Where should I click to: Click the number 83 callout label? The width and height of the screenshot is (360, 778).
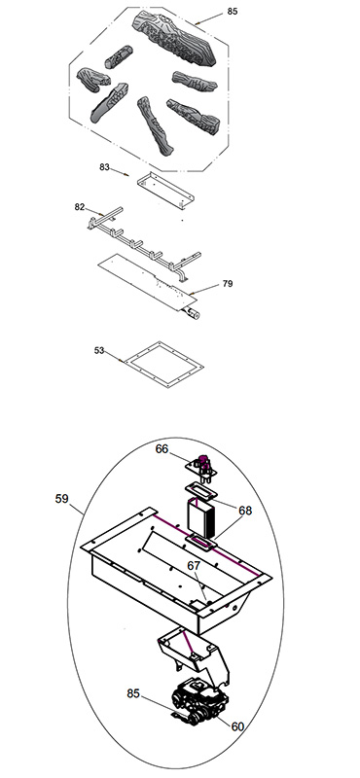(x=104, y=167)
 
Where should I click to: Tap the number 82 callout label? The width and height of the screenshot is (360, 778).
(x=80, y=207)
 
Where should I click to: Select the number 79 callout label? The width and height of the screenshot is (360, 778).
(x=228, y=284)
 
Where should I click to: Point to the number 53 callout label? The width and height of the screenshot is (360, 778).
(x=99, y=350)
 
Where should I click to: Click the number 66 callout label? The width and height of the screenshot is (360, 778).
(x=162, y=449)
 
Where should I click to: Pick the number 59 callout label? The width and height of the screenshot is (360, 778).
(x=62, y=499)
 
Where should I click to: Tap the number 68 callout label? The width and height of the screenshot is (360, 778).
(x=245, y=511)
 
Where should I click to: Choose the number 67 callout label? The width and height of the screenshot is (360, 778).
(x=194, y=566)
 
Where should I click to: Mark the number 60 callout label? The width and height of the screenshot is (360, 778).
(x=238, y=726)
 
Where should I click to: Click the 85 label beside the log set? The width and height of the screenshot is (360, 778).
(x=233, y=12)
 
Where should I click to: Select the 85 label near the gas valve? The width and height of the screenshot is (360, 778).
(x=133, y=693)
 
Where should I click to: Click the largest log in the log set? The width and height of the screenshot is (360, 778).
(x=174, y=39)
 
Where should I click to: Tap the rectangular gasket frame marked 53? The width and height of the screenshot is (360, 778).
(x=164, y=365)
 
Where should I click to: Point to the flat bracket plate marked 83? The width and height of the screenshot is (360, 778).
(x=165, y=189)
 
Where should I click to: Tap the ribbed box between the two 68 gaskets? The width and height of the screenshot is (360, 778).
(x=202, y=519)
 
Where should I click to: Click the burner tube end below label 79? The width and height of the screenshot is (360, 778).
(x=192, y=313)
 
